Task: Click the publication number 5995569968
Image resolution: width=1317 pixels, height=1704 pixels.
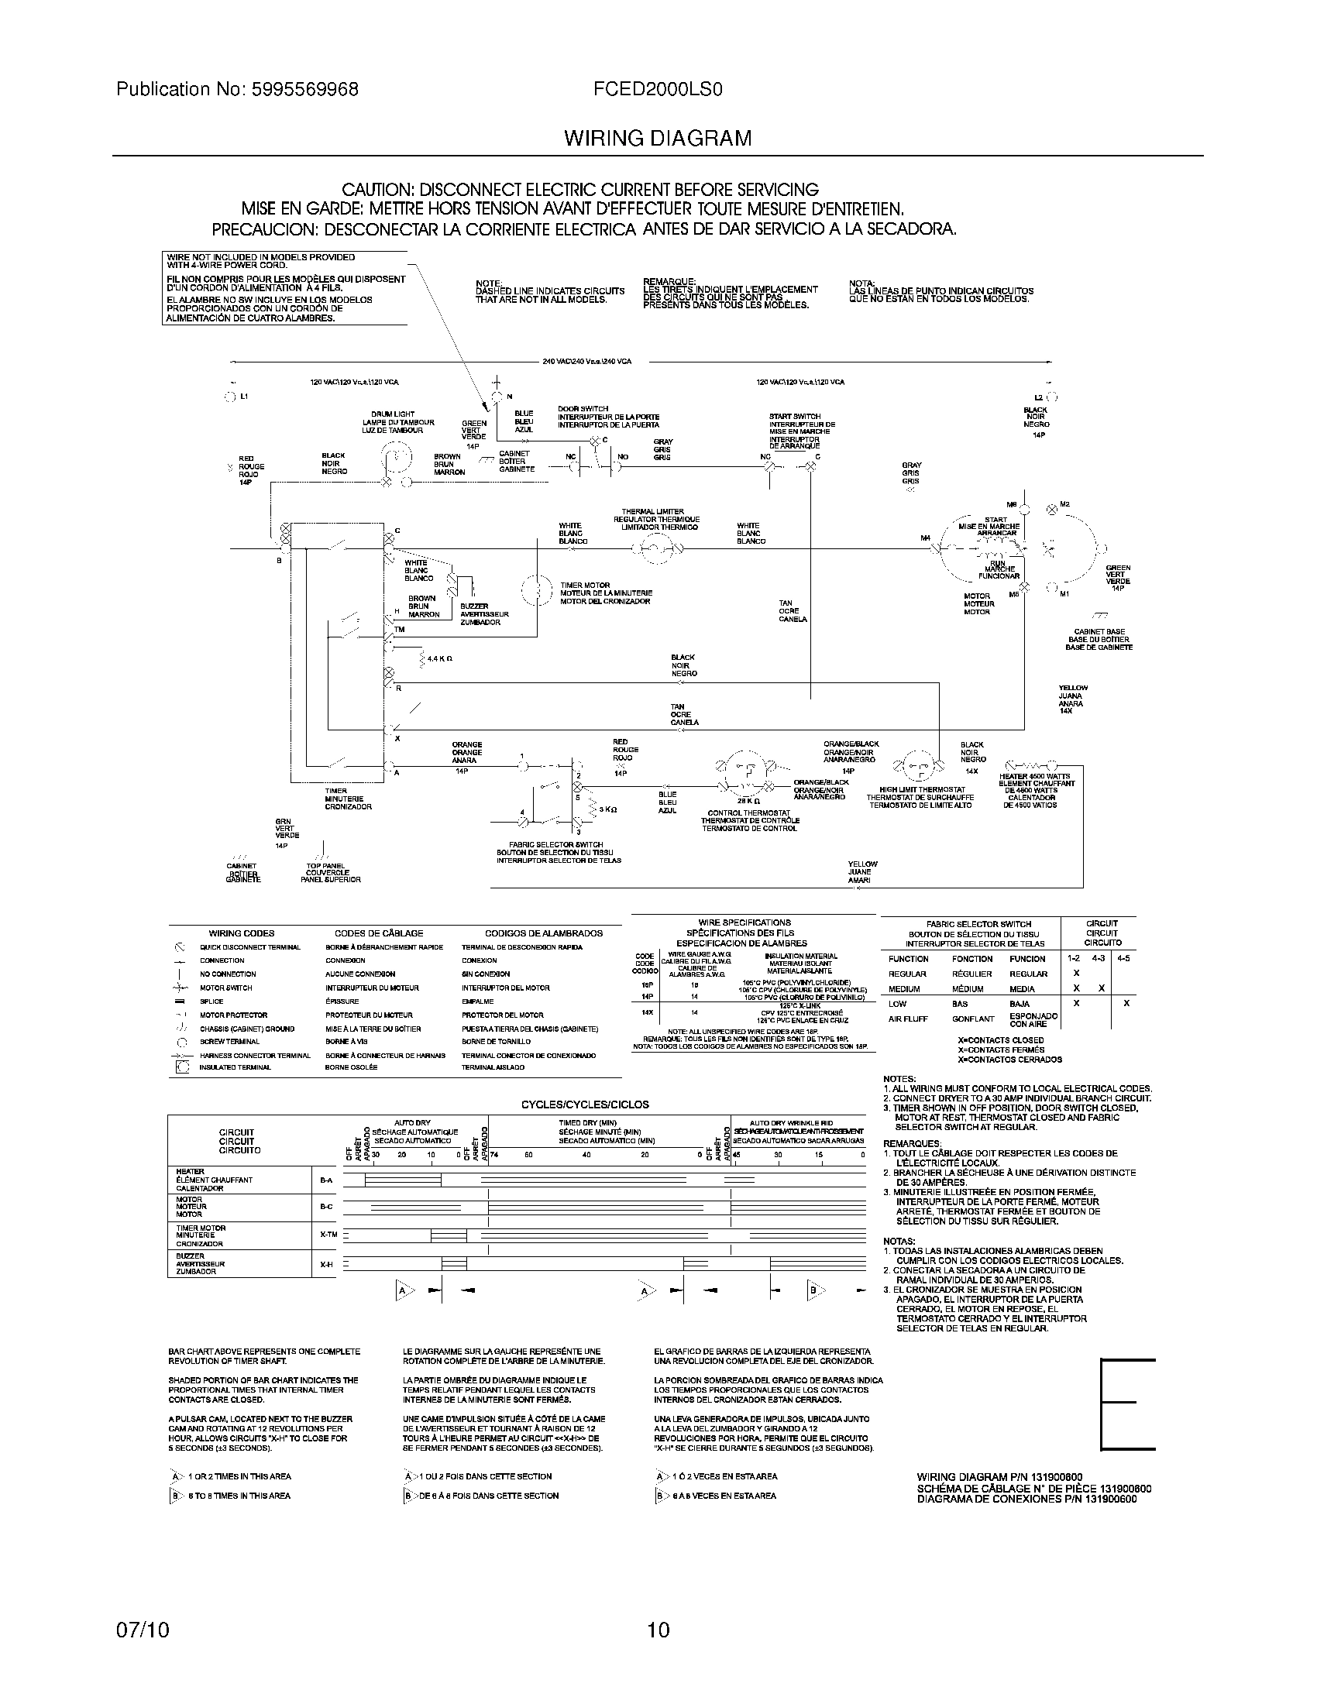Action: [305, 90]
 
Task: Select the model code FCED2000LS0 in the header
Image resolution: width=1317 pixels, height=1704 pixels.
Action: [656, 90]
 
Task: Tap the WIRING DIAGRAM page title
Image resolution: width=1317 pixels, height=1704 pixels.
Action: [658, 139]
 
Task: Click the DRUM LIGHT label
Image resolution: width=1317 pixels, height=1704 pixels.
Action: [394, 414]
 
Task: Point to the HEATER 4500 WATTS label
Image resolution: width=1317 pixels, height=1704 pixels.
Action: [1037, 777]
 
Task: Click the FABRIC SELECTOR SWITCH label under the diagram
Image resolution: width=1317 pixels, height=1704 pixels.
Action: [555, 845]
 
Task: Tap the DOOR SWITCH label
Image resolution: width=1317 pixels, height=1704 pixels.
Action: [583, 409]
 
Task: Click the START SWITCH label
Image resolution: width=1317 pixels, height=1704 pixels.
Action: [794, 417]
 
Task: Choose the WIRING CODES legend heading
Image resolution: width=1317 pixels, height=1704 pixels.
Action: [241, 933]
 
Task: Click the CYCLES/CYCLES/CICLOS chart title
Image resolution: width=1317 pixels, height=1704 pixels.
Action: [585, 1105]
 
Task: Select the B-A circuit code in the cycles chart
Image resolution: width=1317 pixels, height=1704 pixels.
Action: [326, 1180]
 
